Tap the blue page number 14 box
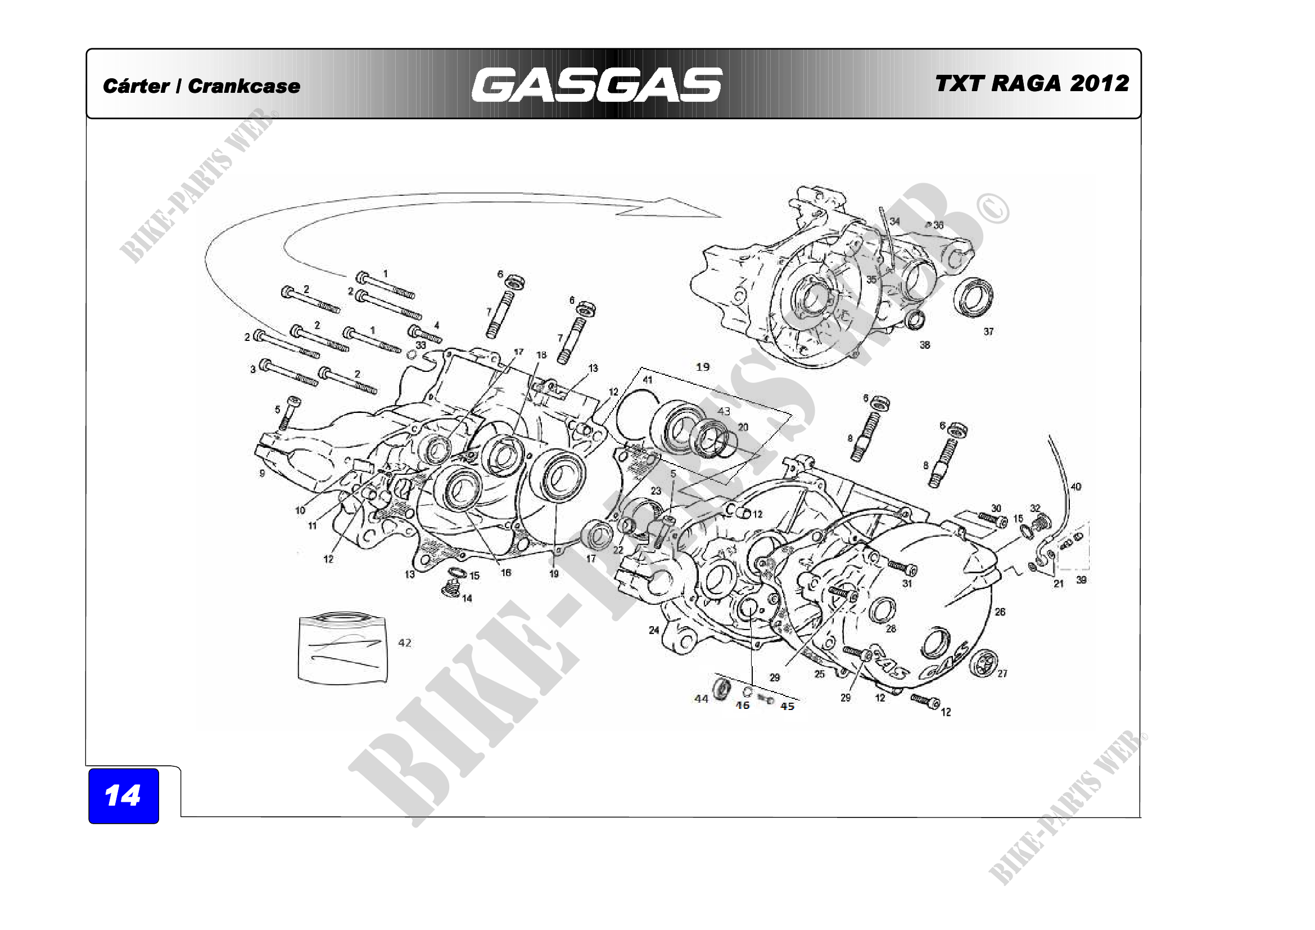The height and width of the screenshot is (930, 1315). click(x=123, y=796)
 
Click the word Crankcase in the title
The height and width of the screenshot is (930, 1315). click(x=244, y=87)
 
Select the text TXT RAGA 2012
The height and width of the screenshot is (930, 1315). click(x=1032, y=84)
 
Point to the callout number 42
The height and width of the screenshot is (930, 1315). click(x=404, y=643)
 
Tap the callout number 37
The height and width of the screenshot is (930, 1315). click(x=988, y=332)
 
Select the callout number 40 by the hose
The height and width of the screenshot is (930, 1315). click(x=1076, y=487)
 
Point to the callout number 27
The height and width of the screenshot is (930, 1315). click(x=1002, y=674)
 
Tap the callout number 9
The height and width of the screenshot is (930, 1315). click(x=263, y=473)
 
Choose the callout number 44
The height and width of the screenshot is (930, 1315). click(x=701, y=699)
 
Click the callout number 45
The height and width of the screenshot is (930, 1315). click(x=788, y=707)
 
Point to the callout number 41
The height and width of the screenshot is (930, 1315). click(x=648, y=380)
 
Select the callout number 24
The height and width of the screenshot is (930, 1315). click(x=653, y=630)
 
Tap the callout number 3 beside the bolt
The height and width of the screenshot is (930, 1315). click(x=252, y=370)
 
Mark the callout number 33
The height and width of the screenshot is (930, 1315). click(x=421, y=345)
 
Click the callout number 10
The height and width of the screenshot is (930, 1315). click(x=300, y=510)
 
